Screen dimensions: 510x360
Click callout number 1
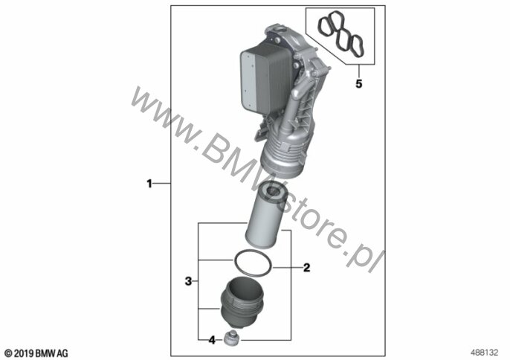pos(149,184)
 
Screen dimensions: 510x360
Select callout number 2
pos(306,268)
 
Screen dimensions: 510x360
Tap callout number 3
pos(188,281)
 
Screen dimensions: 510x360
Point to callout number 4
pos(212,341)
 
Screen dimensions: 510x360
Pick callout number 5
pos(359,84)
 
